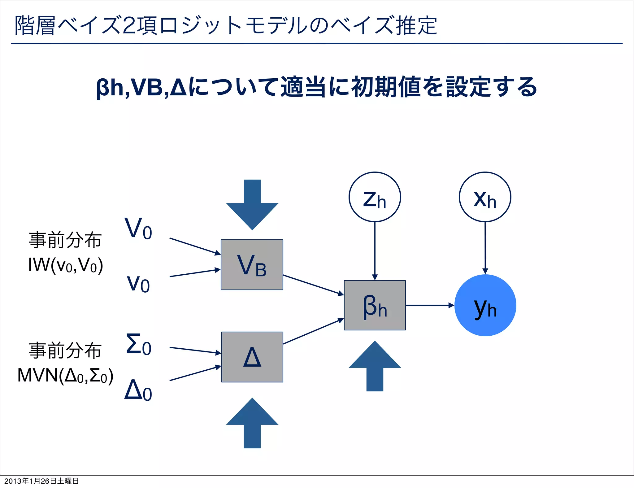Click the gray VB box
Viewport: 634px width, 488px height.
pyautogui.click(x=252, y=265)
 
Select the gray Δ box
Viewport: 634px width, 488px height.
pyautogui.click(x=252, y=357)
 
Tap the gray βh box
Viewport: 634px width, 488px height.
pyautogui.click(x=375, y=305)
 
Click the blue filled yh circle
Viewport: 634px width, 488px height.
pyautogui.click(x=485, y=305)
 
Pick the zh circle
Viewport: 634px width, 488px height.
pyautogui.click(x=375, y=197)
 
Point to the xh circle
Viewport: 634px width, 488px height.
pyautogui.click(x=485, y=197)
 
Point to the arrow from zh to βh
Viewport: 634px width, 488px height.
pyautogui.click(x=375, y=251)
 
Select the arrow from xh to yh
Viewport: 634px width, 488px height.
pyautogui.click(x=485, y=248)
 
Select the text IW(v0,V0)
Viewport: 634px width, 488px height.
pyautogui.click(x=65, y=265)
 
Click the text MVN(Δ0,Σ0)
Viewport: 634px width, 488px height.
pyautogui.click(x=65, y=375)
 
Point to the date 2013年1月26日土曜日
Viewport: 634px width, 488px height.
pyautogui.click(x=41, y=481)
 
